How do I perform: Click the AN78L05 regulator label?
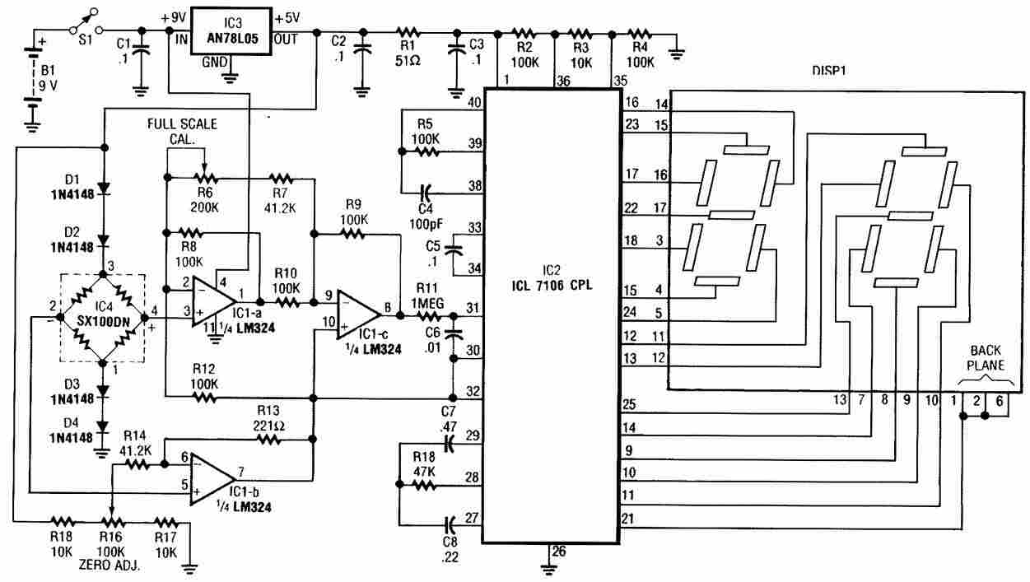232,38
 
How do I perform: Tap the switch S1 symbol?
86,21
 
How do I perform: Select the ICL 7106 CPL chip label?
552,286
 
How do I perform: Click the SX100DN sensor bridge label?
103,321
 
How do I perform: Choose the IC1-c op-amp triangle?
359,315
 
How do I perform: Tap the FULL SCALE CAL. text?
182,132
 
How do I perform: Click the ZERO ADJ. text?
109,565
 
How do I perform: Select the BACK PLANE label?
986,358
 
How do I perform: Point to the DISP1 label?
829,71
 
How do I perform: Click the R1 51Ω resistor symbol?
408,33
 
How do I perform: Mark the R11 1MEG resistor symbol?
429,316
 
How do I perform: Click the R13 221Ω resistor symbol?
269,440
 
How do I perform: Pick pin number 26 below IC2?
559,551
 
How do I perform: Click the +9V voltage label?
174,18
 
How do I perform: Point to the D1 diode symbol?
105,188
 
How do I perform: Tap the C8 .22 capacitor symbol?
450,522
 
